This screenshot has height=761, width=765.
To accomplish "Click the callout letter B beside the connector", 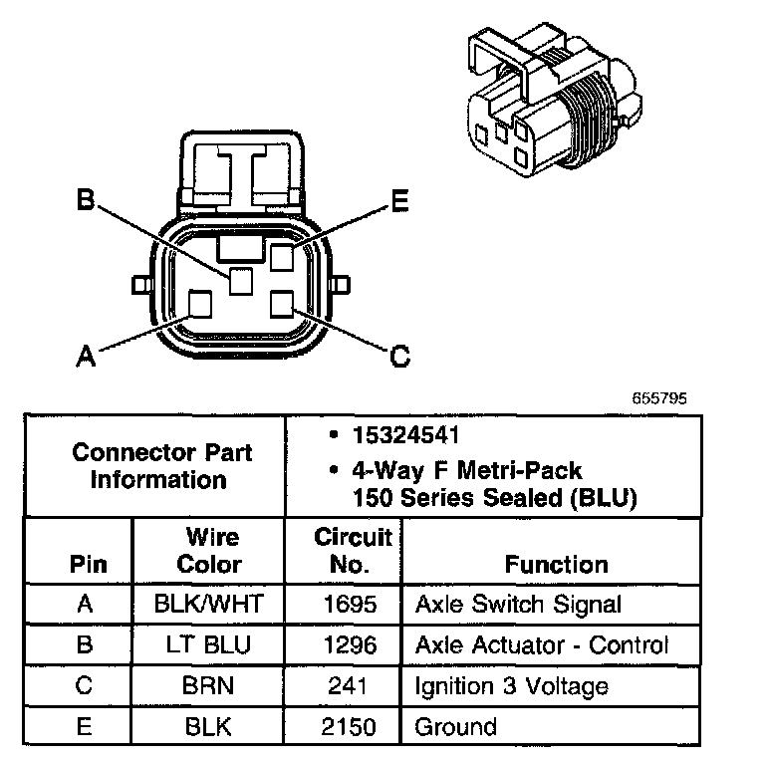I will click(x=87, y=200).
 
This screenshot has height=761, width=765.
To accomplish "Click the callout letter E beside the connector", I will click(x=398, y=201).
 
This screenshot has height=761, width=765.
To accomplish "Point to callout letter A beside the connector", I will click(x=87, y=355).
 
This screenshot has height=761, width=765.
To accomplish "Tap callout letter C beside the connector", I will click(x=399, y=355).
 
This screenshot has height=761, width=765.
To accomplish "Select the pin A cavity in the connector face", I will click(x=200, y=304).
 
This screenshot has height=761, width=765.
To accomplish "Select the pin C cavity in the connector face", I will click(x=283, y=303).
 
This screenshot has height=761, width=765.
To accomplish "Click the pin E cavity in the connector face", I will click(x=282, y=257).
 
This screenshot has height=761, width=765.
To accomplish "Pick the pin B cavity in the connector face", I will click(x=240, y=282).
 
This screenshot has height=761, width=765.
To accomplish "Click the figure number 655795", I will click(x=659, y=397).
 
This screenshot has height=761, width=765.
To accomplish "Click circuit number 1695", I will click(x=349, y=604).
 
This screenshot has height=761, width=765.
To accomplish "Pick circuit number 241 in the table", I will click(x=349, y=685).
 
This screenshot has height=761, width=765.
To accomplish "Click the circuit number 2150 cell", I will click(x=349, y=726).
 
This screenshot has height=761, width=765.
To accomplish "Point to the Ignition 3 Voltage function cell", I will click(x=511, y=685).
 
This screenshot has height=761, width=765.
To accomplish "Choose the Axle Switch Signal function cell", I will click(x=518, y=604).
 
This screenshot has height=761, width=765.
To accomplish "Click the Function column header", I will click(x=556, y=565).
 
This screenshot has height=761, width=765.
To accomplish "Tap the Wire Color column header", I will click(x=209, y=551).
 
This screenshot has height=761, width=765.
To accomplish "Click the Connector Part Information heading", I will click(x=161, y=466).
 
